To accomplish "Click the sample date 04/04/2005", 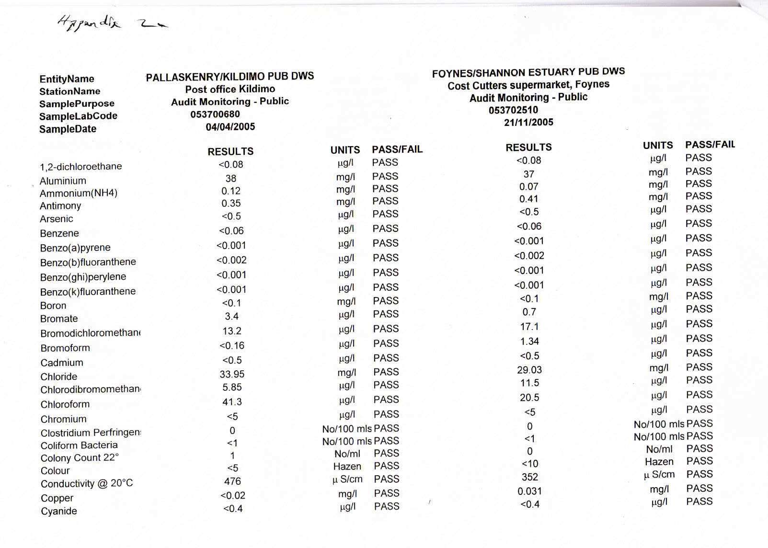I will [x=230, y=127].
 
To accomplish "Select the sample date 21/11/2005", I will [x=528, y=122].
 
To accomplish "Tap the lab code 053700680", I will [x=215, y=114].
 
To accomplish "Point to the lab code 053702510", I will [x=513, y=110].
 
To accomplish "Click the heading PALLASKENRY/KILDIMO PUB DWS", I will [x=230, y=76].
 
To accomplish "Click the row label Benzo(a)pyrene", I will [x=75, y=248].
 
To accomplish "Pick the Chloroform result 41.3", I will [x=231, y=402].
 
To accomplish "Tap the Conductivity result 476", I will [x=232, y=481].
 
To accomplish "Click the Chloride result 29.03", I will [x=529, y=370].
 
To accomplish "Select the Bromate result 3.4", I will [x=232, y=316].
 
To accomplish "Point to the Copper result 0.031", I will [x=529, y=491].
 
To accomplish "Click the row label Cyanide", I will [x=58, y=511].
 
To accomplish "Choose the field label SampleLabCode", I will [x=78, y=116].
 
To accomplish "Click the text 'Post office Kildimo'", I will [x=230, y=89].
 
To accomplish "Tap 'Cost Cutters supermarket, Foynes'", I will [x=528, y=85].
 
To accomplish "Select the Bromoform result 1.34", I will [x=529, y=341].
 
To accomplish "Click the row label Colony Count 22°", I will [x=80, y=458].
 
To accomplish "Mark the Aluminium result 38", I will [x=231, y=178].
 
